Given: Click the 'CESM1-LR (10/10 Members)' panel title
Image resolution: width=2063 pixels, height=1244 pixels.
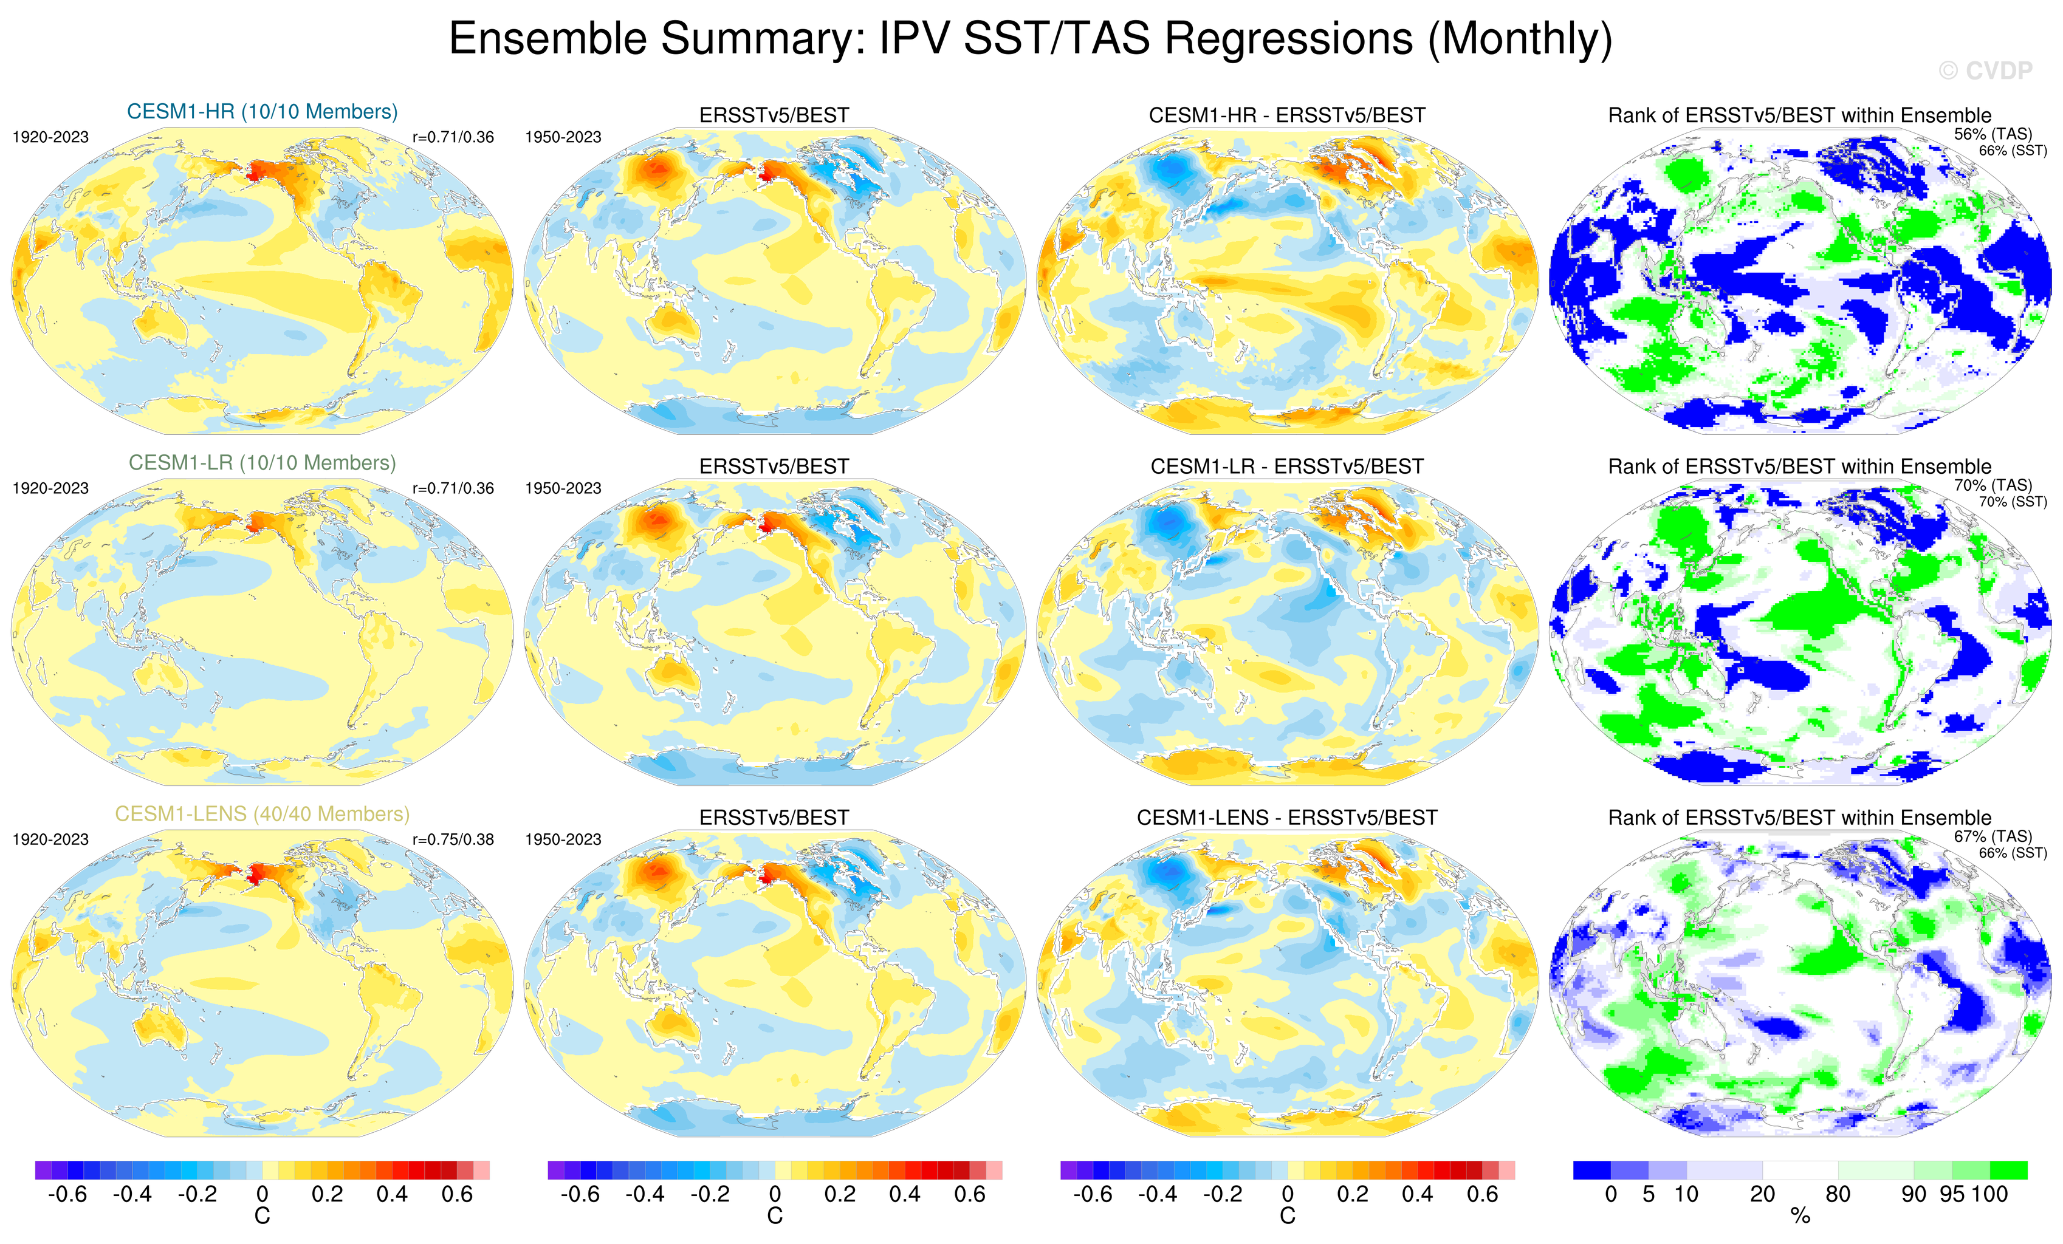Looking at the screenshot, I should (262, 462).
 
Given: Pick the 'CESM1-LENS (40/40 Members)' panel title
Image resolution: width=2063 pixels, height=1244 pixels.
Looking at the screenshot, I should (262, 814).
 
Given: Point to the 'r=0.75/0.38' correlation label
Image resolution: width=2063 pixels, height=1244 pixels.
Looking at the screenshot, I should (453, 839).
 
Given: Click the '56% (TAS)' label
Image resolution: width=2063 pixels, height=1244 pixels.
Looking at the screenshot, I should (1993, 134).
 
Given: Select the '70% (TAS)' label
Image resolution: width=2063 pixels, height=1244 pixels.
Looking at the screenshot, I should (1993, 485).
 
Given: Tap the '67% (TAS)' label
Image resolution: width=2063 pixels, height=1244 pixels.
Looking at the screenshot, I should (1993, 835).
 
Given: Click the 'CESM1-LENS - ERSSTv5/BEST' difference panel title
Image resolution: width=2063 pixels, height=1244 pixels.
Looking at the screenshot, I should (1287, 817).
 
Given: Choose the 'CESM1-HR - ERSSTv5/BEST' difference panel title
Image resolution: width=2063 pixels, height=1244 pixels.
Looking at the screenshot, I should (1287, 115).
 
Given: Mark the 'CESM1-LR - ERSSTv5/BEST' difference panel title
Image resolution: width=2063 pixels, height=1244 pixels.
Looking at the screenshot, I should (1287, 466).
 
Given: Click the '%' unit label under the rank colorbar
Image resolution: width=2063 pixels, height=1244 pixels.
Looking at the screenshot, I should (1800, 1217).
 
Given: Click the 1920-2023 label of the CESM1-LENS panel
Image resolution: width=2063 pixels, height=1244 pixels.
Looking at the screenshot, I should (50, 839).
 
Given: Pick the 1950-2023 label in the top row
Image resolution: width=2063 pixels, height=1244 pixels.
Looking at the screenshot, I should (563, 137).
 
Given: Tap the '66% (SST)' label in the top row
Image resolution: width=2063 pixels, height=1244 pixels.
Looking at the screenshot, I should (2013, 151).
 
